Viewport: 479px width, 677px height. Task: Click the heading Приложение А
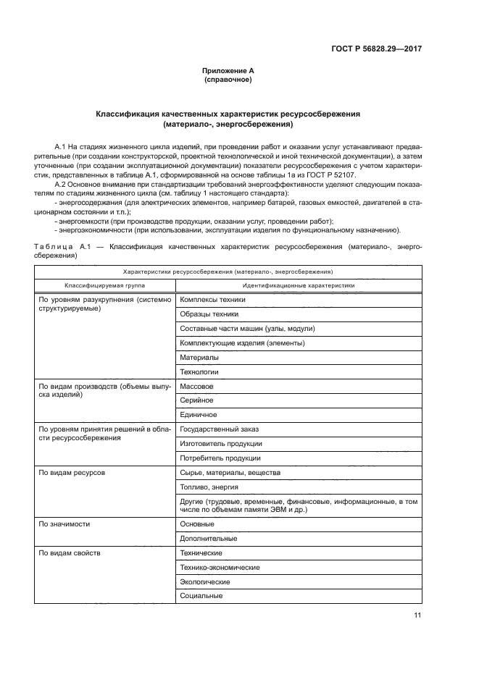pos(228,70)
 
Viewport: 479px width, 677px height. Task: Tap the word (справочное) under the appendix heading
pos(228,79)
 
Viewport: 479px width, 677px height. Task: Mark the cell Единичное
pos(198,414)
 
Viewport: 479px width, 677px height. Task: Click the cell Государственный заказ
pos(219,429)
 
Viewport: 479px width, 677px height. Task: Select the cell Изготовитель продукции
pos(220,443)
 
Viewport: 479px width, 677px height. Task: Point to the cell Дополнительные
pos(208,538)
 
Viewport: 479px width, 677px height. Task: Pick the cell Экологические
pos(205,581)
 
